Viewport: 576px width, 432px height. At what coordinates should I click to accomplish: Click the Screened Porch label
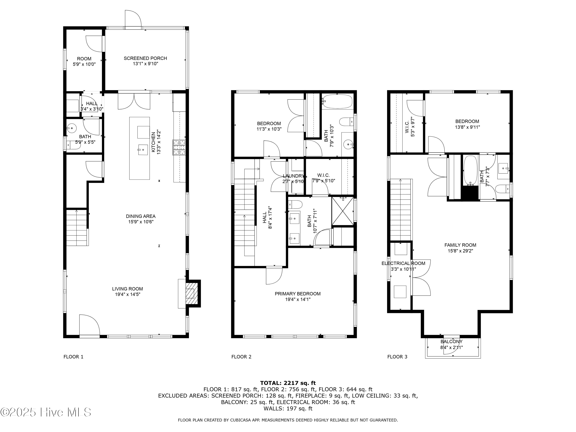(145, 58)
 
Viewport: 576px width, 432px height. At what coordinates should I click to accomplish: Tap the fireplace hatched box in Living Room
(190, 293)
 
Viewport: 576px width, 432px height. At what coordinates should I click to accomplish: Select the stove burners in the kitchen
(179, 147)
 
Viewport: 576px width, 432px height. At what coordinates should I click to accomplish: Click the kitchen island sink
(143, 150)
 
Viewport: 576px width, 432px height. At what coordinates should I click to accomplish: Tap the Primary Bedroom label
(298, 294)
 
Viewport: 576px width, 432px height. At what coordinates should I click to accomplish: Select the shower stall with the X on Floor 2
(342, 211)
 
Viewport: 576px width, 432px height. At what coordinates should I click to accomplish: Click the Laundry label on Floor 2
(293, 176)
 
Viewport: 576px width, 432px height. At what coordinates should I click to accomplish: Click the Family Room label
(460, 245)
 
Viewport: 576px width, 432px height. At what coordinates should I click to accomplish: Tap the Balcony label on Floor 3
(451, 342)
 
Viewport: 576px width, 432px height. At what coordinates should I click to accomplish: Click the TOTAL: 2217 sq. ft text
(288, 383)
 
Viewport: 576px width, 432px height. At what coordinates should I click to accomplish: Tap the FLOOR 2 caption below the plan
(241, 357)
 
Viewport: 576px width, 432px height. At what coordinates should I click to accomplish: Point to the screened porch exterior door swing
(133, 19)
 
